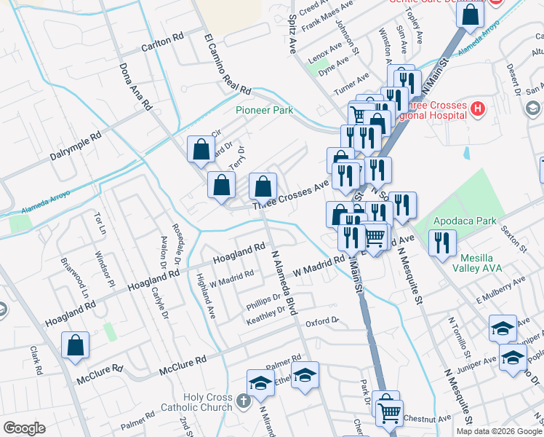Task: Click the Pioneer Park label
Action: tap(264, 110)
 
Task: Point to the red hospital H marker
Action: tap(478, 109)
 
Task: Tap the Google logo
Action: tap(24, 428)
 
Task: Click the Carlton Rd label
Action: tap(163, 42)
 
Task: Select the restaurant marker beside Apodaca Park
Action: tap(442, 243)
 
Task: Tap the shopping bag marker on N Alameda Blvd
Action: tap(263, 186)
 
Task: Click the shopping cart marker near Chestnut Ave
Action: tap(390, 413)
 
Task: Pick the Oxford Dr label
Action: tap(322, 321)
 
